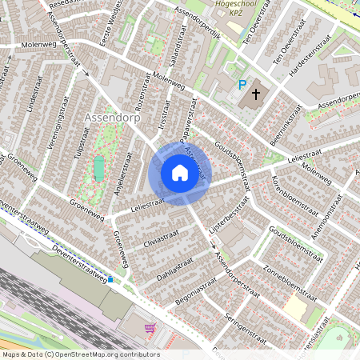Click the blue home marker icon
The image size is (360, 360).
click(x=179, y=172)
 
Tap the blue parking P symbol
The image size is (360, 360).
click(x=242, y=85)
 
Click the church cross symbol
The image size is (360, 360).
click(x=256, y=94)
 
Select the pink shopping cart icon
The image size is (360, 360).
click(x=150, y=328)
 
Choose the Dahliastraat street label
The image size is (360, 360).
click(x=173, y=262)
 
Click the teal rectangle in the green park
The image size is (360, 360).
click(x=99, y=169)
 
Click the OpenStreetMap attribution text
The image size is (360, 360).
click(x=80, y=354)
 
